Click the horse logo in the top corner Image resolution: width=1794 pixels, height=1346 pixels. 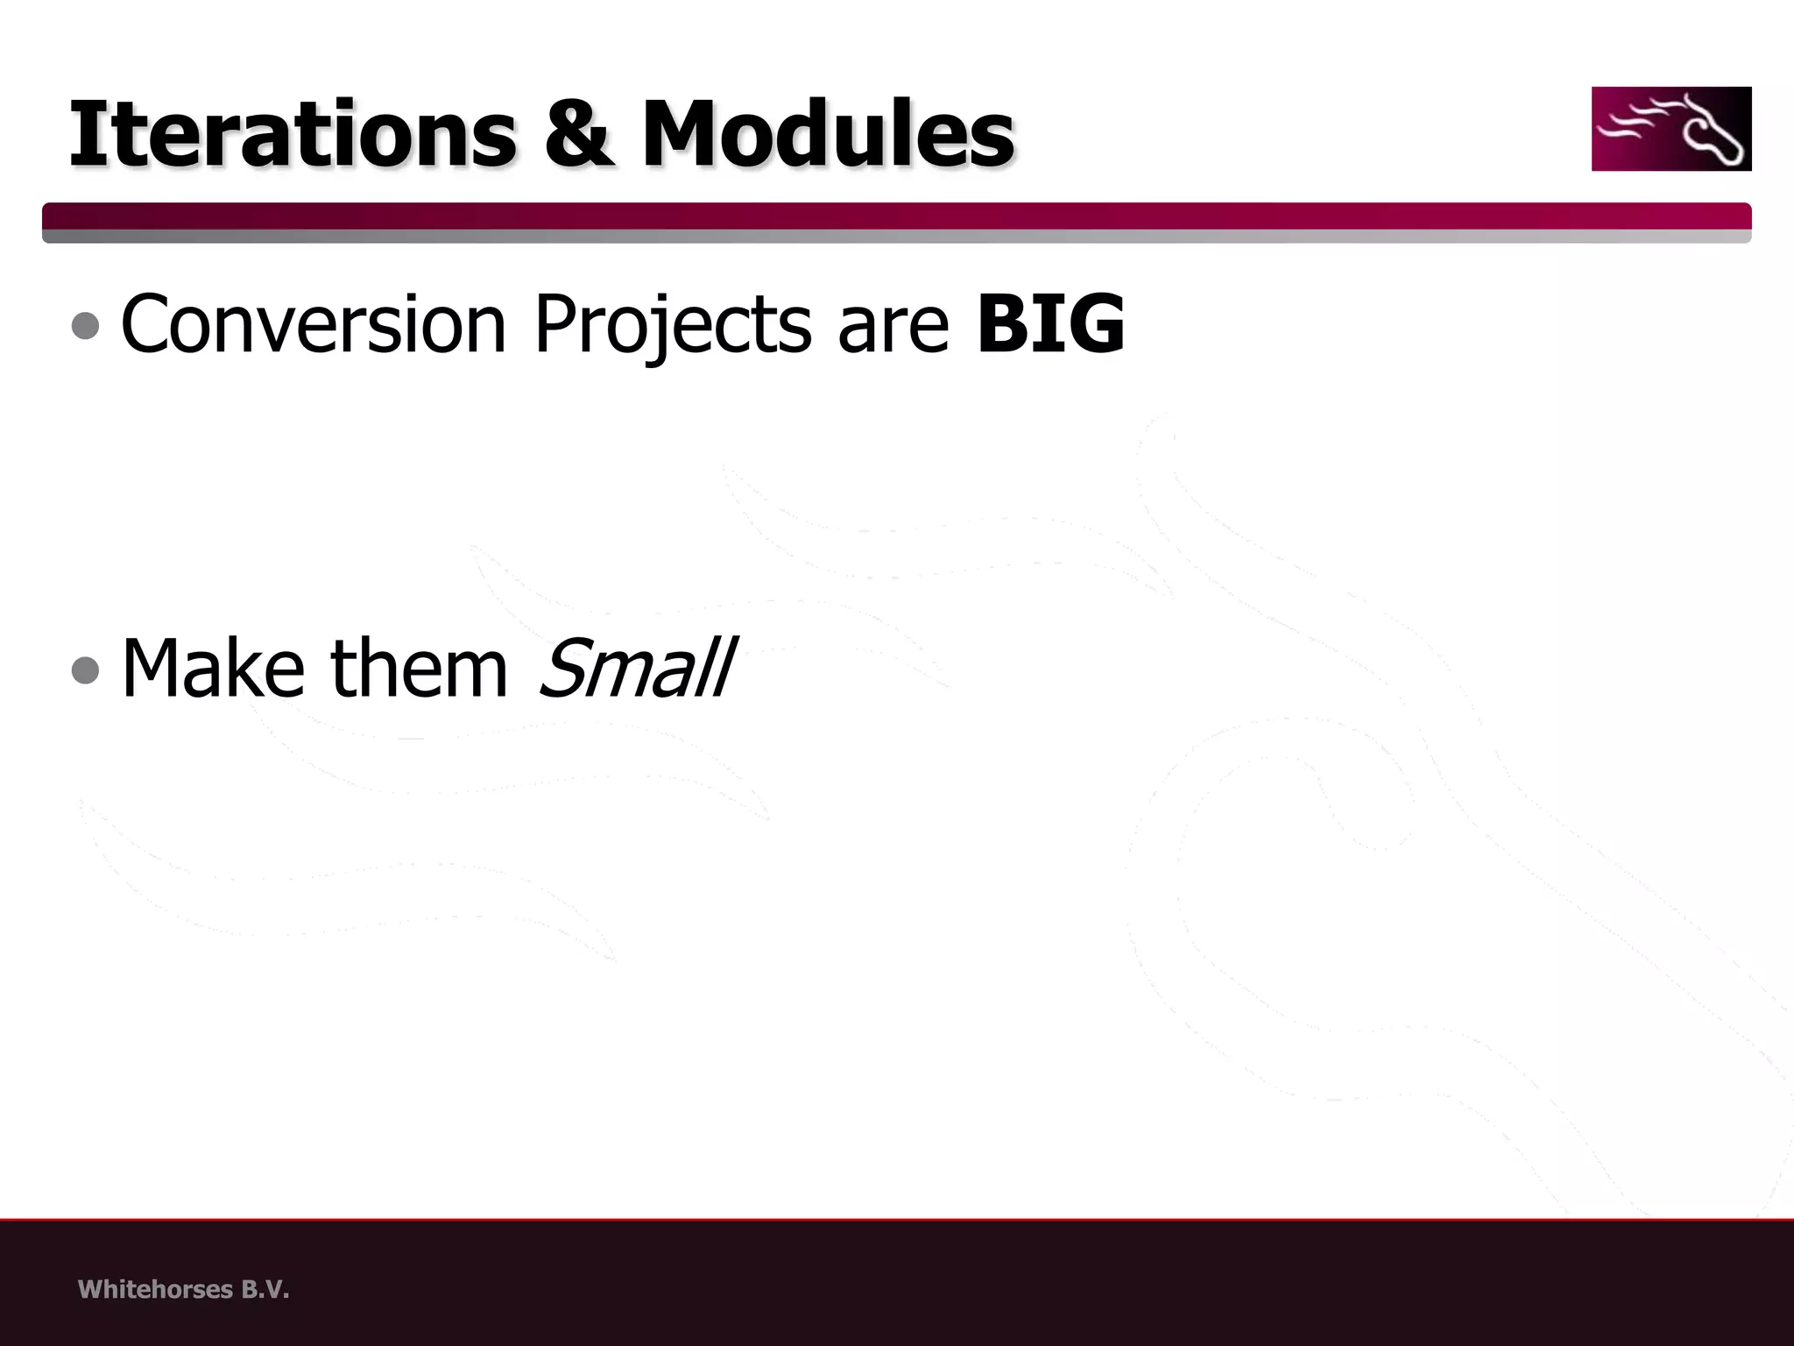[1670, 129]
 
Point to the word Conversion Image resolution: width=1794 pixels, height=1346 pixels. [314, 324]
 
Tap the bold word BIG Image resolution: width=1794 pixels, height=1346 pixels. [1050, 324]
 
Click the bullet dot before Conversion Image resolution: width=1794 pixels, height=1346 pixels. [85, 326]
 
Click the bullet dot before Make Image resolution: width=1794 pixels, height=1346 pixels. [85, 670]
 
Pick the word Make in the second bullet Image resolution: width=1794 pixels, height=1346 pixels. [212, 669]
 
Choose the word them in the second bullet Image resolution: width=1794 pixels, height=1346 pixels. [420, 669]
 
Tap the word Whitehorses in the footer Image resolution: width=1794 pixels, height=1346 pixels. [155, 1290]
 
